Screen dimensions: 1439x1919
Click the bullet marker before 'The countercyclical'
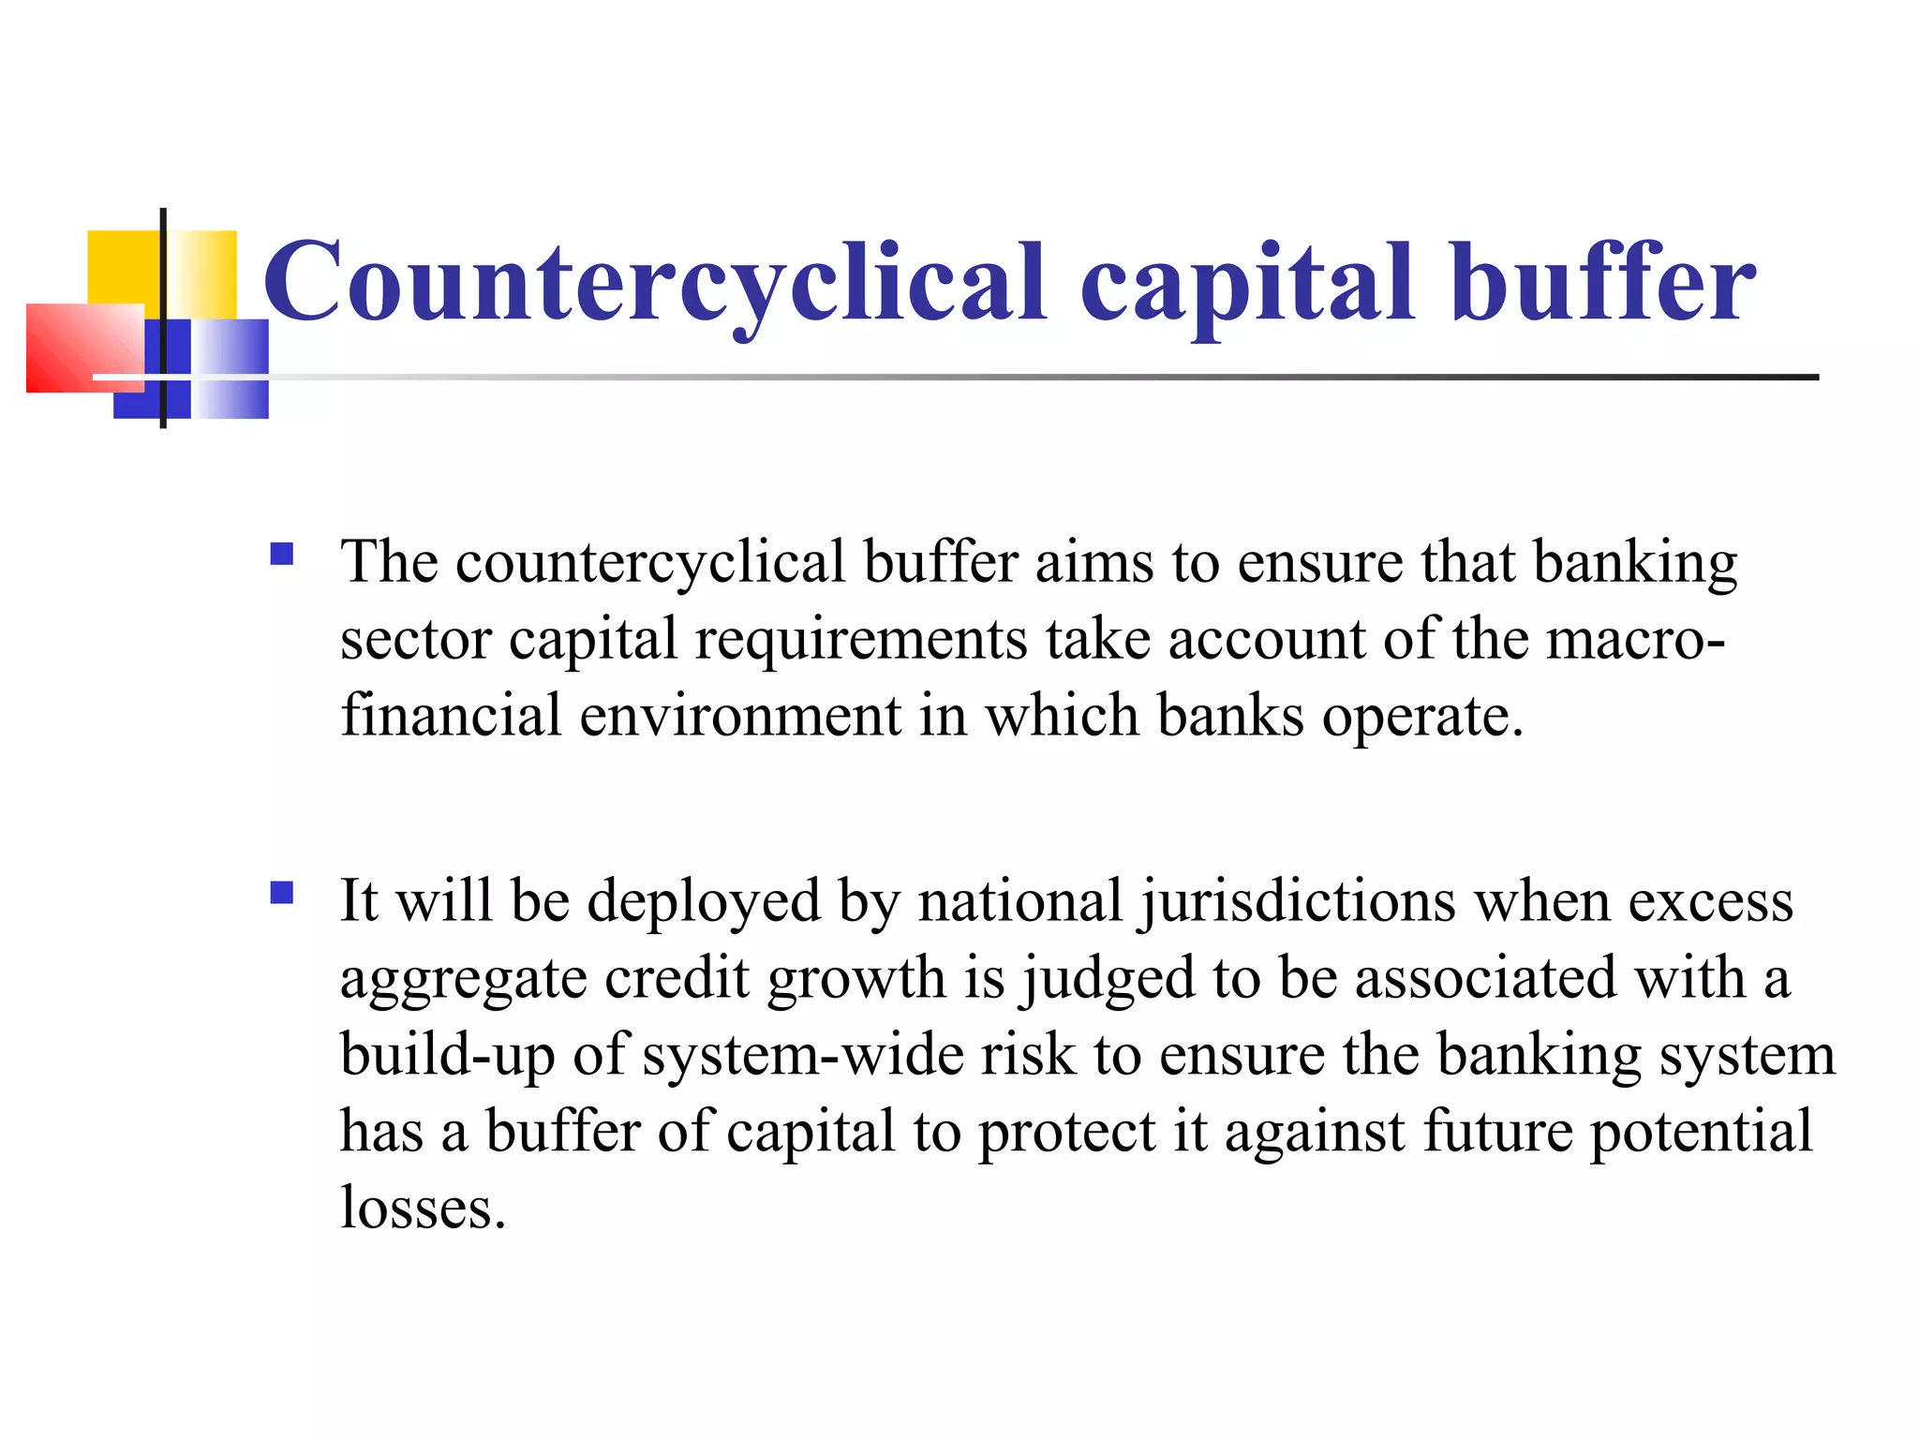pyautogui.click(x=281, y=554)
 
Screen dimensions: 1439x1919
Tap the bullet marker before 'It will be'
pyautogui.click(x=281, y=892)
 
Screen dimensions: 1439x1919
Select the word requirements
pyautogui.click(x=861, y=641)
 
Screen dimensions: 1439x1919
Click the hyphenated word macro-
pyautogui.click(x=1635, y=641)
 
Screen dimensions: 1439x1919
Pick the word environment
pyautogui.click(x=740, y=717)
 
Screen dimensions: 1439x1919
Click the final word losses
pyautogui.click(x=423, y=1209)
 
